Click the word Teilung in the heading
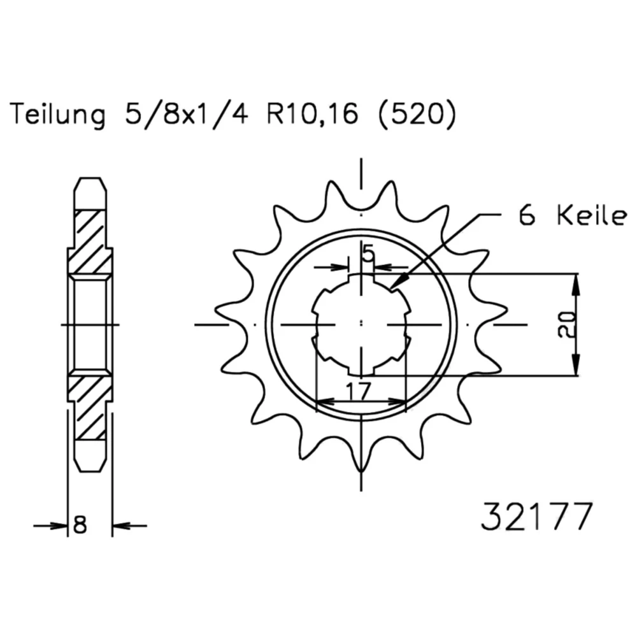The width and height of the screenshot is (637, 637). [57, 115]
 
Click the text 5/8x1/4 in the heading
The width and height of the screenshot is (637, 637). [187, 114]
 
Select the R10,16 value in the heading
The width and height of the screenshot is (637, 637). [312, 113]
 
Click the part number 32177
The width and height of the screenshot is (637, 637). [536, 517]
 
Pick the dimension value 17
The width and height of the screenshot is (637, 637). [359, 391]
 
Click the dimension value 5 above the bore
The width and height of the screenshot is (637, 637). [368, 254]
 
